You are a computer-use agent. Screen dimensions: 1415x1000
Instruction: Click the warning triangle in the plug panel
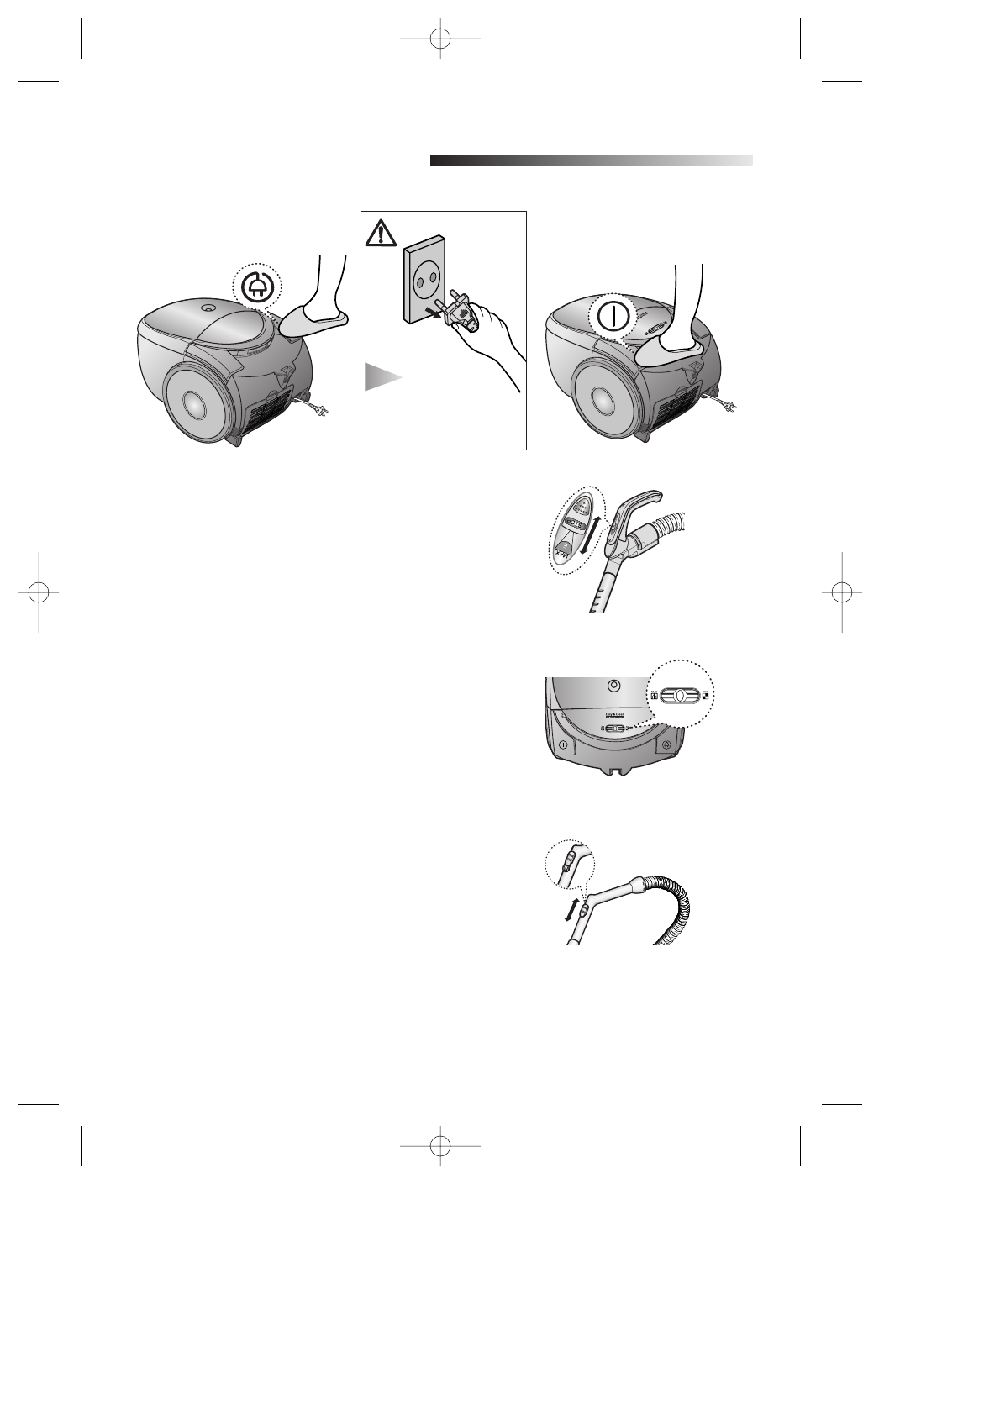381,233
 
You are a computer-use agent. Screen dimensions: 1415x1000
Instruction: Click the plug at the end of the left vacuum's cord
324,410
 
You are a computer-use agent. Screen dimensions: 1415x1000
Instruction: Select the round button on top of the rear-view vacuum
614,686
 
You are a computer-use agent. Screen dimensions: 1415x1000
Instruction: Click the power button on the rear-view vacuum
563,744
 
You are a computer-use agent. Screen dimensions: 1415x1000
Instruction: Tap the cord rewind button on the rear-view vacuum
666,744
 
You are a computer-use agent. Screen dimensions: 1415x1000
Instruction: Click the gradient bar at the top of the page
591,160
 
